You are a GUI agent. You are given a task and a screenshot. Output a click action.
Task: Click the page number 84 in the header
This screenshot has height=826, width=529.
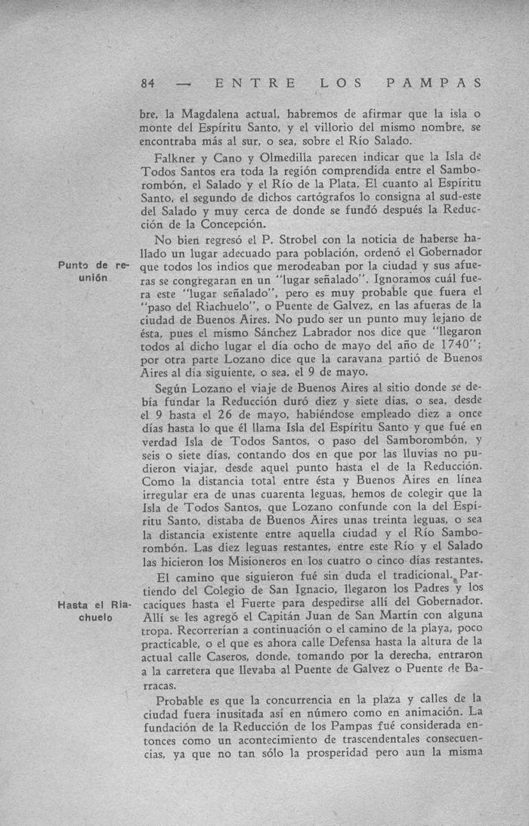(x=148, y=82)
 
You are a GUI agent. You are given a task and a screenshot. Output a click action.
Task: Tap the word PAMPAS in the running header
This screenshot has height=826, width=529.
(x=433, y=82)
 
